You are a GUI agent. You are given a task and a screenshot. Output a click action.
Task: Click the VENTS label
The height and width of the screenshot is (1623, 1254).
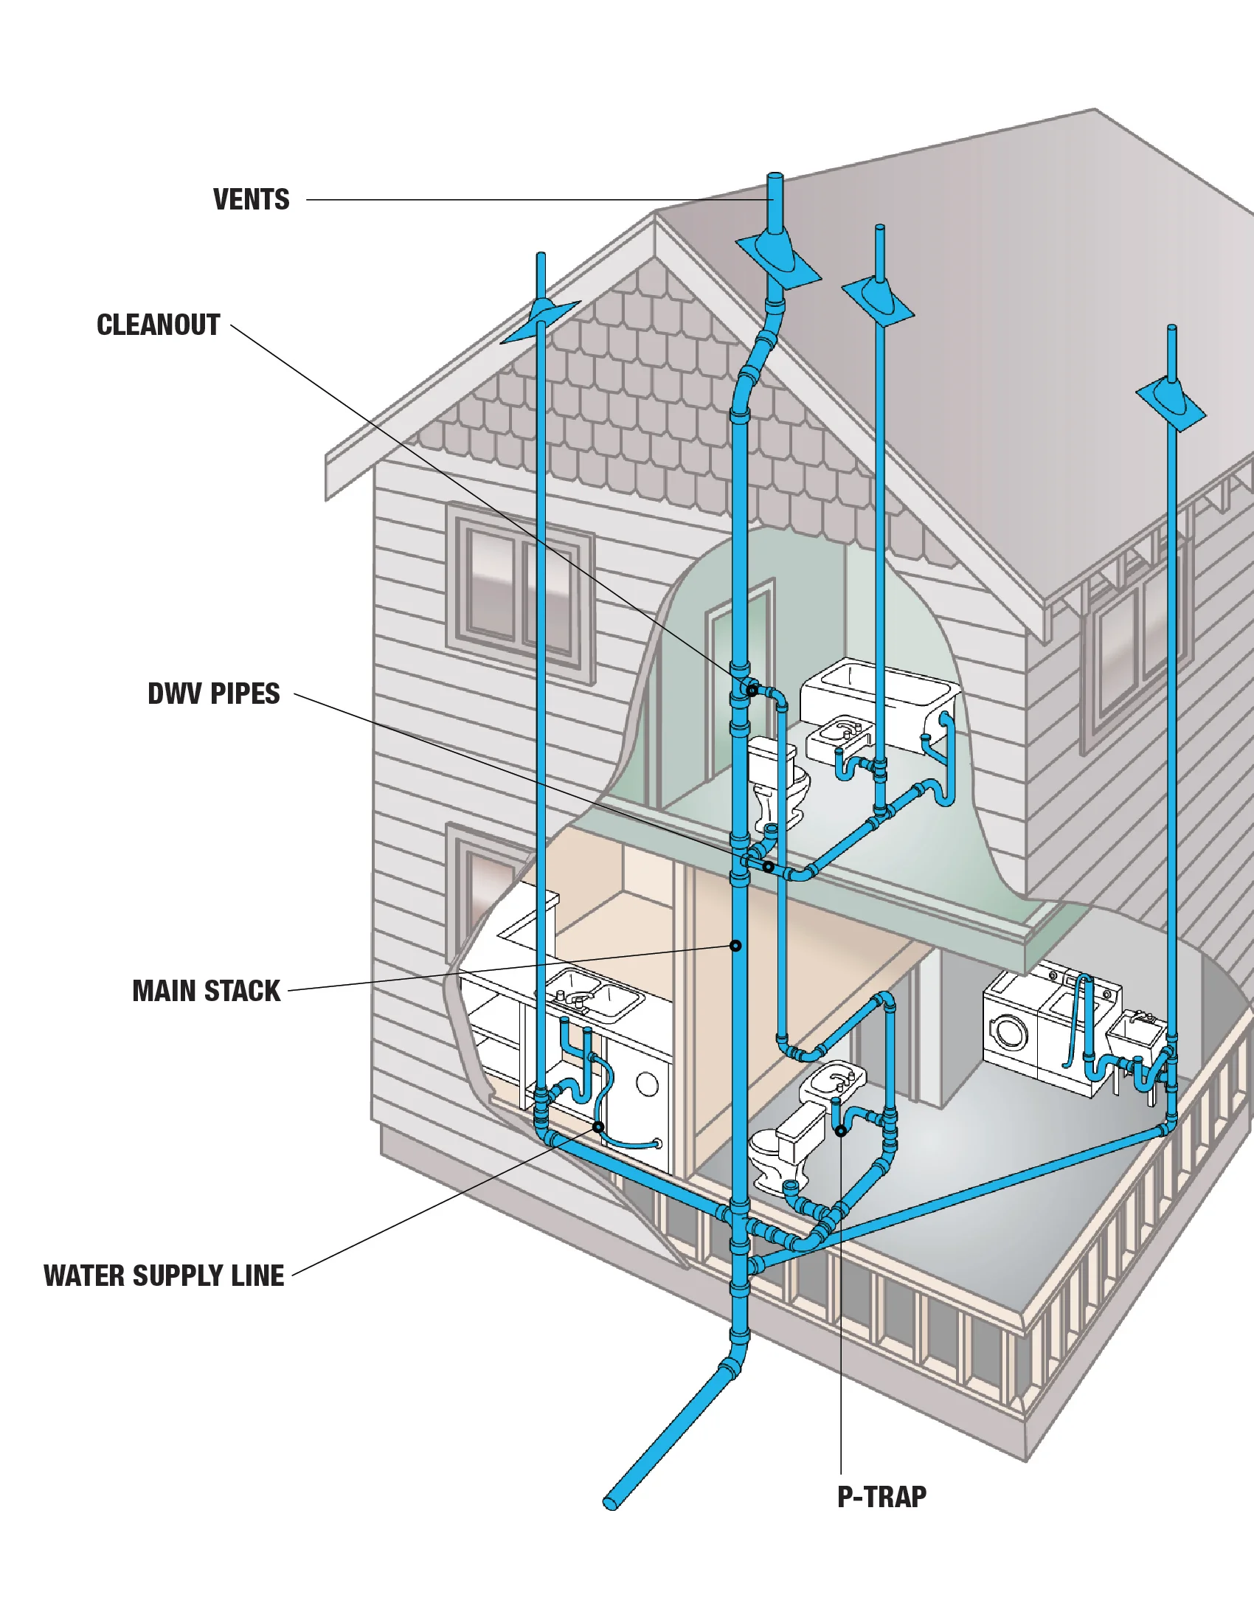tap(251, 200)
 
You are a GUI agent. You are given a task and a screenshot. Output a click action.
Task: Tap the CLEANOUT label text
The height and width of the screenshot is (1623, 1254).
tap(159, 325)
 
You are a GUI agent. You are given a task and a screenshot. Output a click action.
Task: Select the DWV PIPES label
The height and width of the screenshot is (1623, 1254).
tap(214, 694)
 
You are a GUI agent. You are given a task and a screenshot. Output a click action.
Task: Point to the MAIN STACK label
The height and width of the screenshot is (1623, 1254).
tap(207, 992)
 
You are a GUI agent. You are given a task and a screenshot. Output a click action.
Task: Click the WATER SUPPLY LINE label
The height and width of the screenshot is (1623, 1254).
tap(164, 1276)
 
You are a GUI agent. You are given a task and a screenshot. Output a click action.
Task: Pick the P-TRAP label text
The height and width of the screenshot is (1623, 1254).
tap(881, 1498)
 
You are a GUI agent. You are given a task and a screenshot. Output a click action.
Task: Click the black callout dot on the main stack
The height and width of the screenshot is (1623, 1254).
tap(735, 946)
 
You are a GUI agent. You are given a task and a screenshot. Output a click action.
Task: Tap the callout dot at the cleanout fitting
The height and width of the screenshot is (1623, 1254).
tap(752, 691)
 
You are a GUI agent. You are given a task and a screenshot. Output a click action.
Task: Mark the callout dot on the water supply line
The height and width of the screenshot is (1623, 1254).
tap(598, 1127)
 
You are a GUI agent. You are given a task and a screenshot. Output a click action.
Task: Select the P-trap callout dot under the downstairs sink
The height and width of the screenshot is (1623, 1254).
tap(840, 1131)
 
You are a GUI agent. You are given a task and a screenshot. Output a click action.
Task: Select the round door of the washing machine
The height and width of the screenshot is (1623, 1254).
tap(1008, 1033)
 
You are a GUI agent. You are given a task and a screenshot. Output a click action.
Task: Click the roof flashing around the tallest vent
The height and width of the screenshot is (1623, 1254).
tap(778, 260)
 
